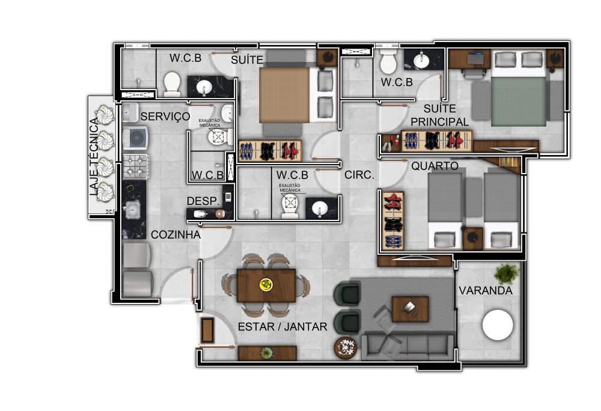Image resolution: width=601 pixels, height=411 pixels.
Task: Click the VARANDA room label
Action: click(x=486, y=290)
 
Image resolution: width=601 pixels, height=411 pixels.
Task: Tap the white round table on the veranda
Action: click(x=498, y=325)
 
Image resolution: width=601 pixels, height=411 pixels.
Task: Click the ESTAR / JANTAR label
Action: click(x=282, y=327)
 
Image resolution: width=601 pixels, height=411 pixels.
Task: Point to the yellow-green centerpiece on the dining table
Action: click(x=266, y=284)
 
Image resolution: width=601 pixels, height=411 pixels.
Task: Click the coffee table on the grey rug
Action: click(x=410, y=309)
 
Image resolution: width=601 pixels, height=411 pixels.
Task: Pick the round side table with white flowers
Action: click(x=346, y=348)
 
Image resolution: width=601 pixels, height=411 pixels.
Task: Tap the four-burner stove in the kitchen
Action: click(x=136, y=166)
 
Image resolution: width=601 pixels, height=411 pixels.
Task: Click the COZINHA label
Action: click(x=175, y=235)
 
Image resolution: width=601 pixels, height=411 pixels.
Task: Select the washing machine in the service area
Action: click(x=135, y=137)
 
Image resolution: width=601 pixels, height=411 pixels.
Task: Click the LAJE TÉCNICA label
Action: click(x=94, y=157)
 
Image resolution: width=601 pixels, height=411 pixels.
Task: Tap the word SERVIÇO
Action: click(x=165, y=117)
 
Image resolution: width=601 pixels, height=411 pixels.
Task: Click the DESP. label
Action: click(x=203, y=201)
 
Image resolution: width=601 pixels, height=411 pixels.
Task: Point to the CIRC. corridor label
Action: click(x=359, y=175)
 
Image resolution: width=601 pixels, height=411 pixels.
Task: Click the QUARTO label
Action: click(x=435, y=166)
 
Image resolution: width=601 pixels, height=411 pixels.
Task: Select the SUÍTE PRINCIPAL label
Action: click(x=440, y=115)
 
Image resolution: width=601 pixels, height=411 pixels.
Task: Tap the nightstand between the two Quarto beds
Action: click(x=472, y=239)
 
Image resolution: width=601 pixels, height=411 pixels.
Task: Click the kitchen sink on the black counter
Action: click(x=132, y=209)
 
